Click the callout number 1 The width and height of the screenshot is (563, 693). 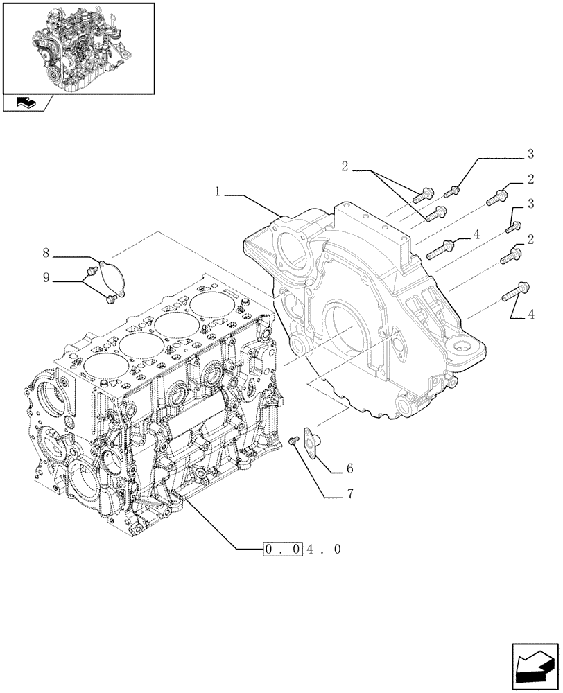pos(218,192)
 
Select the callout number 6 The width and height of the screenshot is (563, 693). pos(349,469)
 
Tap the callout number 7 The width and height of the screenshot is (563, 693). pos(351,494)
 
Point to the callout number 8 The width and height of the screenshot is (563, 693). pos(46,254)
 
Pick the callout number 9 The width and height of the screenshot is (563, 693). pos(46,278)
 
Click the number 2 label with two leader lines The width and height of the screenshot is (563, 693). pos(344,166)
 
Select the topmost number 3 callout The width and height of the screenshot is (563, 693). pos(530,153)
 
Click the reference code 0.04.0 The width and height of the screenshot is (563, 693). pos(302,550)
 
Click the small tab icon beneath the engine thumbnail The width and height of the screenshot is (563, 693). pos(26,103)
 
